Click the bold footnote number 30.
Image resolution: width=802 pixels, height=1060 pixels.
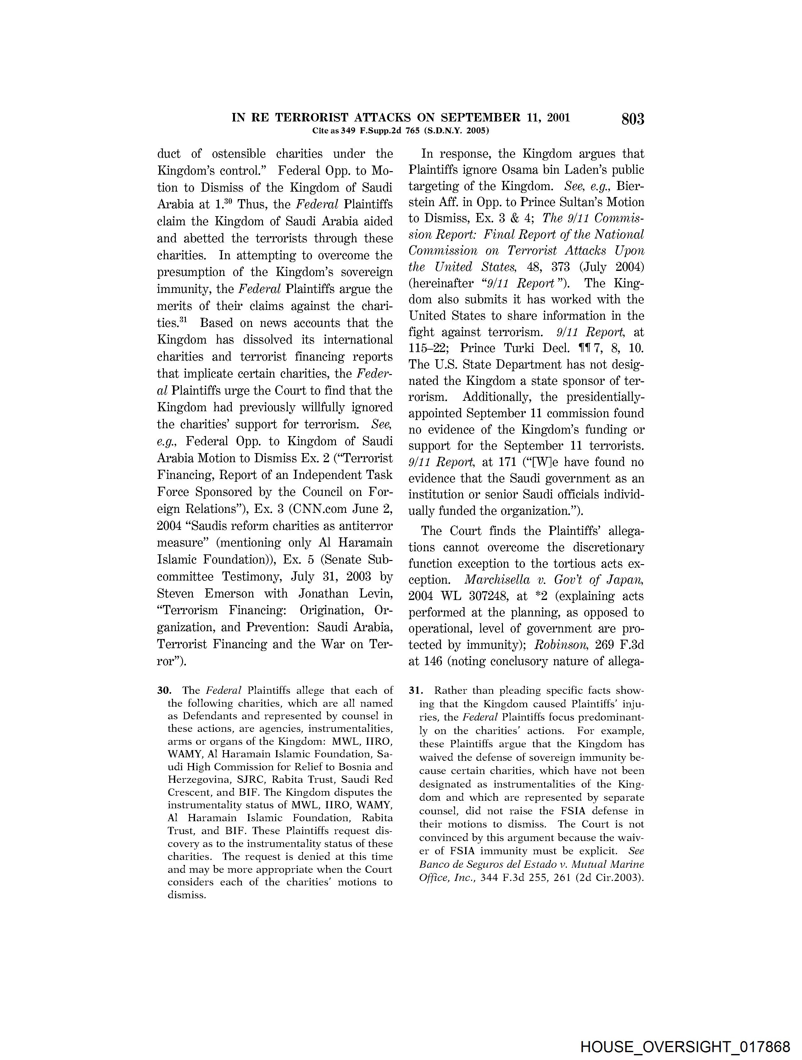[164, 691]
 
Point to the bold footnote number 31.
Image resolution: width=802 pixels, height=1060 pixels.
[415, 691]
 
